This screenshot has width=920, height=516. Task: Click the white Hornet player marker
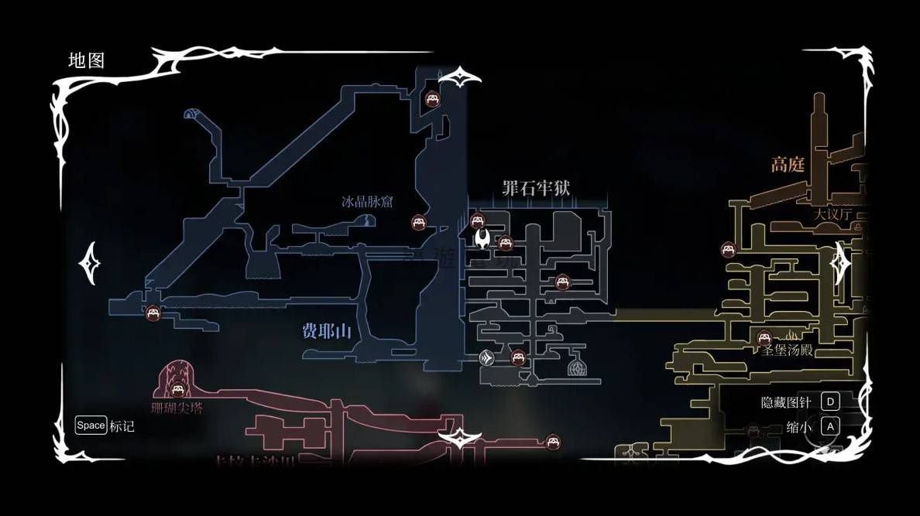pos(482,237)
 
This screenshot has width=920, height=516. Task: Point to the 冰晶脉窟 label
pos(367,202)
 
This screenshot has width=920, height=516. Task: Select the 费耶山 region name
pos(326,332)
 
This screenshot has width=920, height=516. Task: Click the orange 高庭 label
pos(788,164)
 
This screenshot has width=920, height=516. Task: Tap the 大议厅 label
pos(832,214)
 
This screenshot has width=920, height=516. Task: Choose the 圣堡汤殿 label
pos(787,350)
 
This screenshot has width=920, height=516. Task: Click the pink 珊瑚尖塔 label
pos(177,407)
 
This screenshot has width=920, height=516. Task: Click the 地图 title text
pos(86,60)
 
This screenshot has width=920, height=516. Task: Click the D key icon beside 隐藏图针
pos(830,402)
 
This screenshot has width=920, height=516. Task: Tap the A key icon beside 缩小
pos(829,425)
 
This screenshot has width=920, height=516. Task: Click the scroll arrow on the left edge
pos(89,263)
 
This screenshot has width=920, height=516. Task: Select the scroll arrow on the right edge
pos(839,263)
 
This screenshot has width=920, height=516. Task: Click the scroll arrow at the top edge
pos(460,77)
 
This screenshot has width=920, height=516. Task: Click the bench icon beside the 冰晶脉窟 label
pos(419,223)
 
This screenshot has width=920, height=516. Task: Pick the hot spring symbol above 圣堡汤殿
pos(791,336)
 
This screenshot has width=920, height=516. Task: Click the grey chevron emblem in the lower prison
pos(486,357)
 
